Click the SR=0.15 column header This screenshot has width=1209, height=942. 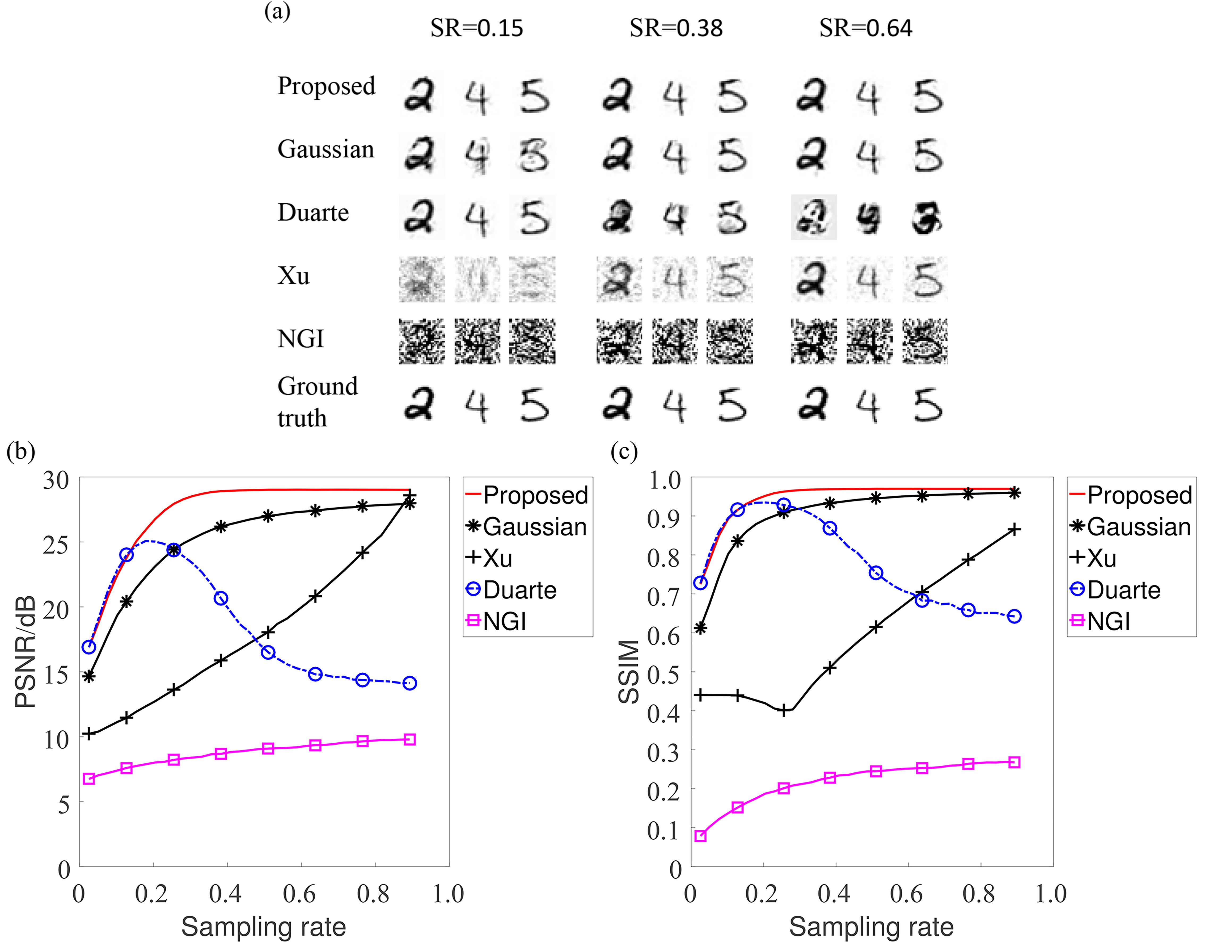(x=477, y=28)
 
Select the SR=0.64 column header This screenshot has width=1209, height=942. (x=866, y=28)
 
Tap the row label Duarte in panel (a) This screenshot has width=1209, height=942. (x=313, y=213)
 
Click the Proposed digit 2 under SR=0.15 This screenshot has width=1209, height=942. (x=420, y=97)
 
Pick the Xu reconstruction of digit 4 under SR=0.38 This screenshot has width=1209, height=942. (x=674, y=280)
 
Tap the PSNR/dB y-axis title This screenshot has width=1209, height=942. (x=26, y=652)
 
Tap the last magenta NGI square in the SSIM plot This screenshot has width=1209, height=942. (x=1014, y=763)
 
